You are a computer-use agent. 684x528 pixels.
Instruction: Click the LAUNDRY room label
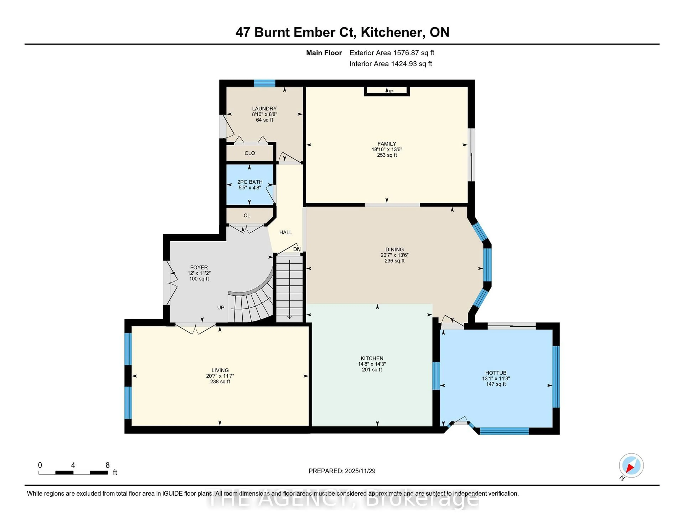point(264,109)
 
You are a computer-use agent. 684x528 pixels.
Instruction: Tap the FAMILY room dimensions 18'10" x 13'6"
point(387,149)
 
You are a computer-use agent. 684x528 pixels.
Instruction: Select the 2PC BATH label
point(250,182)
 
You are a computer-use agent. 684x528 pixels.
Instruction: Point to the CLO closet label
point(250,153)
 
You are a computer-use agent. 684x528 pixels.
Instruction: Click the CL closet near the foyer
point(247,215)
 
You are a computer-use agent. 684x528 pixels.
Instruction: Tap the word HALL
point(285,232)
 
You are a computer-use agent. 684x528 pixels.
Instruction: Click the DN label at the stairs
point(297,249)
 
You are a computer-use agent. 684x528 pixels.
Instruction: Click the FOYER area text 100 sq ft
point(199,279)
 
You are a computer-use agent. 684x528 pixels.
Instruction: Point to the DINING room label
point(394,249)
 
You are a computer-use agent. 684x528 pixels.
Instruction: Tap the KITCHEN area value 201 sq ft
point(372,369)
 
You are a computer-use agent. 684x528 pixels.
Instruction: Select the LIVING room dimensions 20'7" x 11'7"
point(220,376)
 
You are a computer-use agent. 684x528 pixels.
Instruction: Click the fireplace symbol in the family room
point(387,91)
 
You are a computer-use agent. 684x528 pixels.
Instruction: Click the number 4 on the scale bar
point(73,465)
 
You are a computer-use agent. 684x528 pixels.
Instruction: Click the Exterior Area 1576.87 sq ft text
point(392,53)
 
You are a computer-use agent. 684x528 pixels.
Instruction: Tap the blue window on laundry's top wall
point(264,83)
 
